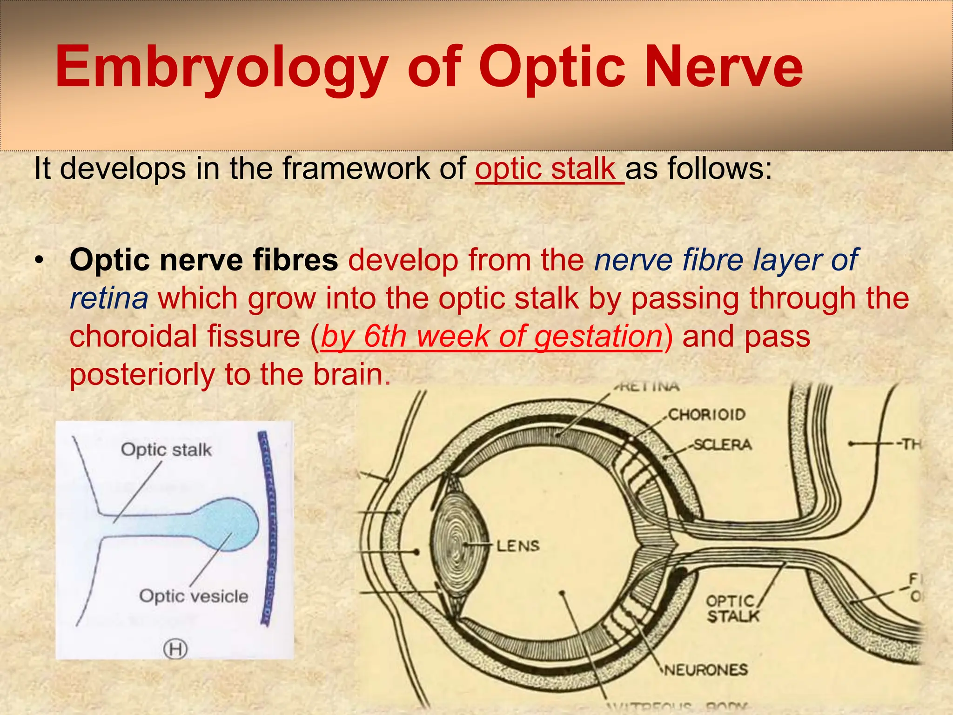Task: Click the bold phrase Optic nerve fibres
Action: click(203, 260)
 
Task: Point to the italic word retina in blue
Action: click(109, 298)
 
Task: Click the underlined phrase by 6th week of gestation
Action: click(491, 336)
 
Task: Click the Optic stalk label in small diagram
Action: click(166, 450)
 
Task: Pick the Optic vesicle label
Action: click(194, 596)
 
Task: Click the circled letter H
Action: click(175, 649)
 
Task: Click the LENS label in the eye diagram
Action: click(518, 546)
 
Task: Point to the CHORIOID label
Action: click(706, 414)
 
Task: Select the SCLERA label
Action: click(722, 445)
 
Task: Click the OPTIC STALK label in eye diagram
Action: click(732, 609)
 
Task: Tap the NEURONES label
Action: click(706, 670)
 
